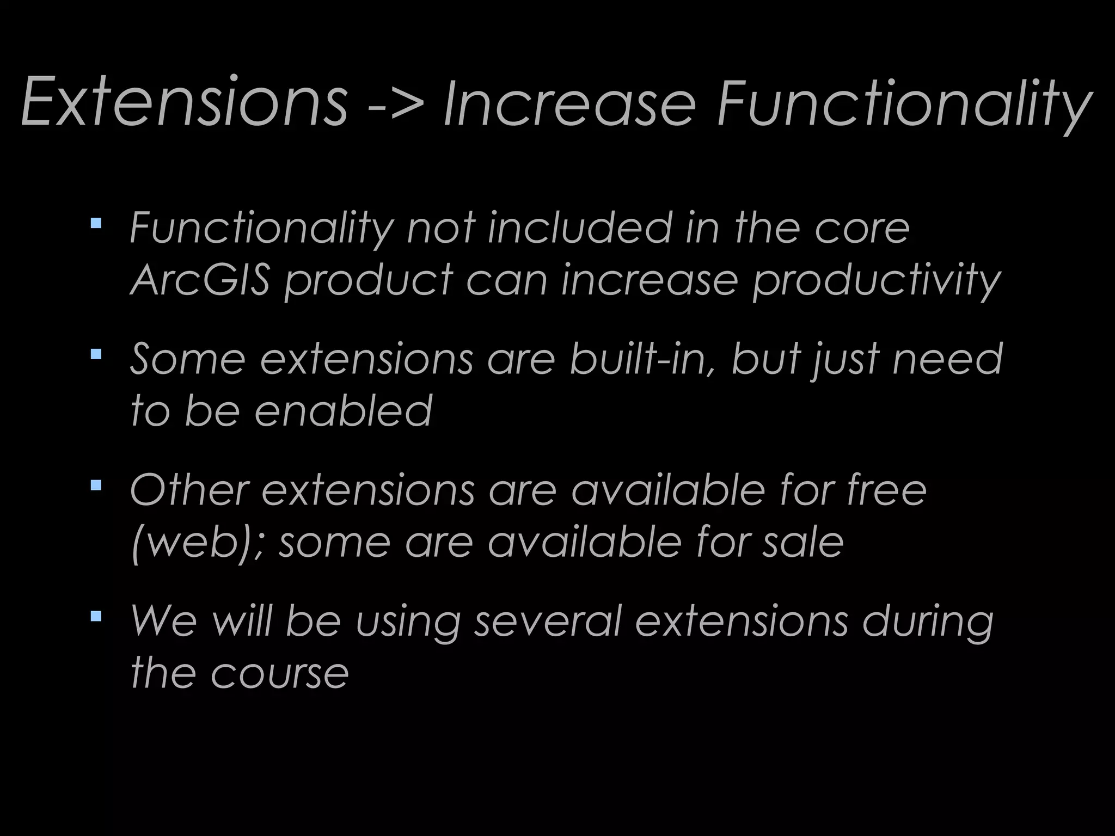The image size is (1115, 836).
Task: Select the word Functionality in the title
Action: (904, 104)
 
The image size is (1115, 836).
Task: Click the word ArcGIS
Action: (200, 280)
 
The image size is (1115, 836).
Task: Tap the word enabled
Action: (344, 411)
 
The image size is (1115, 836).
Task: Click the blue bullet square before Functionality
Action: (96, 223)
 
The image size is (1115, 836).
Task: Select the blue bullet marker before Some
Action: (96, 354)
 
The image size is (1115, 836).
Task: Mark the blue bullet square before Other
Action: (96, 484)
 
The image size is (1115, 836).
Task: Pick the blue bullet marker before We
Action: (96, 616)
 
